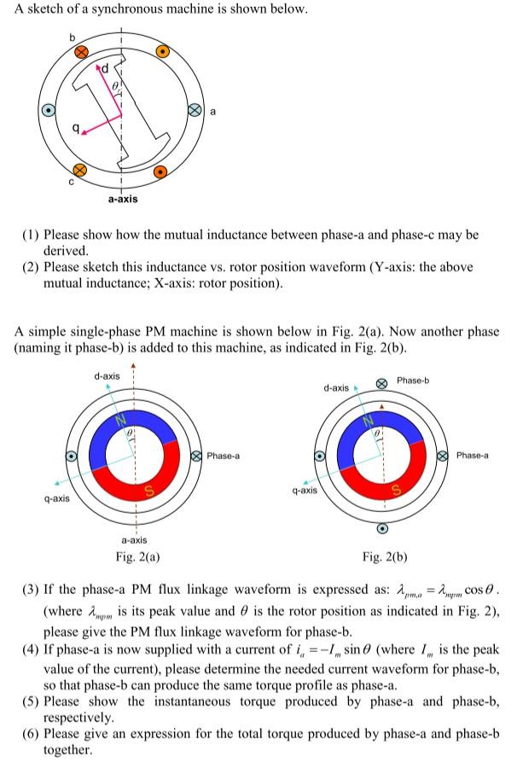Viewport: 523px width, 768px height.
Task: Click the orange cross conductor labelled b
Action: point(82,52)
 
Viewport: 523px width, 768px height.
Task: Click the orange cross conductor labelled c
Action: point(79,167)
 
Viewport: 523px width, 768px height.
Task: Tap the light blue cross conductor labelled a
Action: point(195,110)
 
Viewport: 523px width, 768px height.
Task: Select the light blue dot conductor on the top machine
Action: point(49,110)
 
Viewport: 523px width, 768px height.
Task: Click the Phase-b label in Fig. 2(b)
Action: point(414,381)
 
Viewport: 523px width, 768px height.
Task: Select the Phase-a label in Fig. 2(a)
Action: point(223,456)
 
